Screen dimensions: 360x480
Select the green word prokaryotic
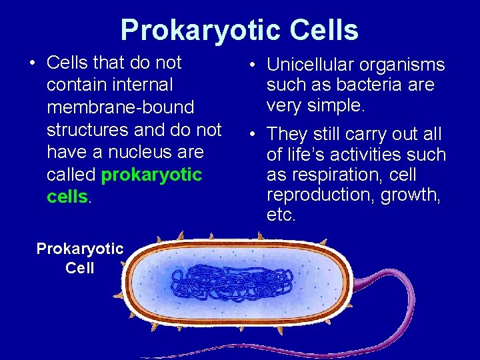[x=151, y=175]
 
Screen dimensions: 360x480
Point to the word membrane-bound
[x=120, y=107]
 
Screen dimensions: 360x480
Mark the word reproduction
[x=317, y=195]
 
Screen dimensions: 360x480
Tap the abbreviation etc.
[x=281, y=215]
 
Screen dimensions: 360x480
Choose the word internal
[x=143, y=85]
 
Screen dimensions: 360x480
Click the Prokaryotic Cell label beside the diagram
[x=80, y=259]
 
